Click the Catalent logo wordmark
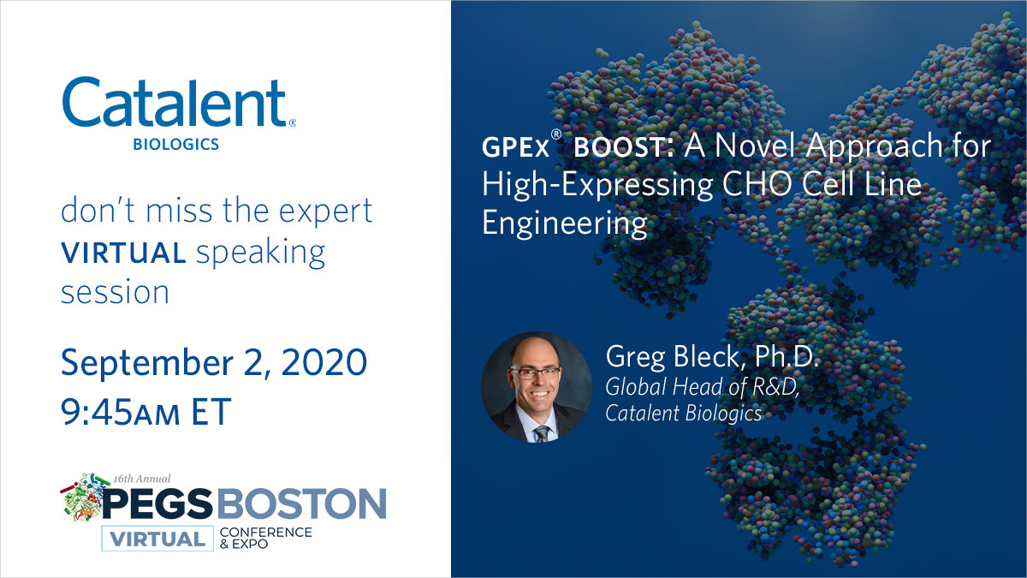(175, 104)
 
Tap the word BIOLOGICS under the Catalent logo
(175, 145)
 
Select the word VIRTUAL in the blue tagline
(122, 253)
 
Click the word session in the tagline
(114, 292)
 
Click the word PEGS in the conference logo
(158, 503)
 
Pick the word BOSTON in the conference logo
(300, 503)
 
